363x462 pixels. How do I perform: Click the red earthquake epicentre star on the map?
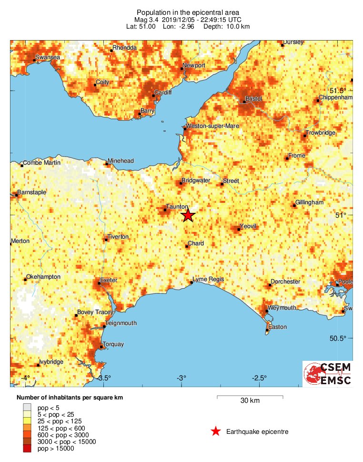pyautogui.click(x=188, y=216)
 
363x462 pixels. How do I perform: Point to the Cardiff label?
pyautogui.click(x=162, y=92)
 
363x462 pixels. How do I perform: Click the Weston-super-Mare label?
pyautogui.click(x=212, y=126)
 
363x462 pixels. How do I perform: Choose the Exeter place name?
pyautogui.click(x=109, y=280)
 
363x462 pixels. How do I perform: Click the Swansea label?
pyautogui.click(x=48, y=58)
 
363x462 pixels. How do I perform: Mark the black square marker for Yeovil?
pyautogui.click(x=239, y=230)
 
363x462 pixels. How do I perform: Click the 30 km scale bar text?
pyautogui.click(x=250, y=401)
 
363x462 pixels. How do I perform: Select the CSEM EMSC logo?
pyautogui.click(x=328, y=374)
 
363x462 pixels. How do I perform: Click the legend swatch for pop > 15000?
pyautogui.click(x=27, y=448)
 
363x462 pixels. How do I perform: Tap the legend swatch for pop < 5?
pyautogui.click(x=27, y=408)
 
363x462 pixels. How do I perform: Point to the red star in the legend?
pyautogui.click(x=216, y=432)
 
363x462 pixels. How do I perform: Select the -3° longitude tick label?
pyautogui.click(x=181, y=378)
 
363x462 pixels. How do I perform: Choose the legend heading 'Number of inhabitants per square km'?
pyautogui.click(x=73, y=397)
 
